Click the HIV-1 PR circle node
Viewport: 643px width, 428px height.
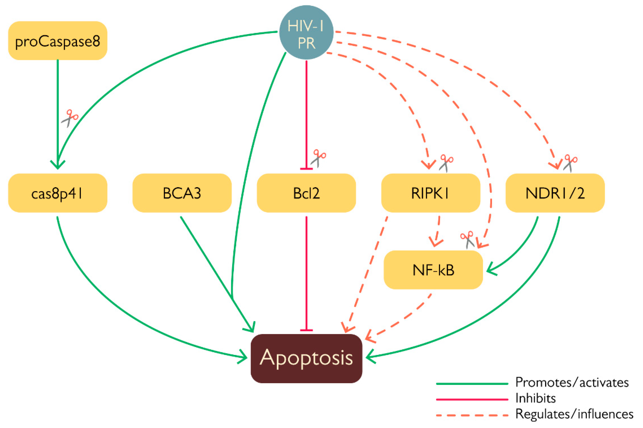(306, 32)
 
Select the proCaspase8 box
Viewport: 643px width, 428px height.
(57, 41)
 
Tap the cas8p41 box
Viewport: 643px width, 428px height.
(57, 193)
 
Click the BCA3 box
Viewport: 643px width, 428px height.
(182, 193)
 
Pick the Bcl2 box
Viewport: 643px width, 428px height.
(306, 193)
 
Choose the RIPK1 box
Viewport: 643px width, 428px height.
(431, 193)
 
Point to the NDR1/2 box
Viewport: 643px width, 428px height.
(555, 193)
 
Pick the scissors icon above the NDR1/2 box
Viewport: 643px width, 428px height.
(570, 163)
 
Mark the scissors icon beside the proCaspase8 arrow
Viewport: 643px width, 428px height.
(70, 118)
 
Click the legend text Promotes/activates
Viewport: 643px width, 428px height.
(572, 382)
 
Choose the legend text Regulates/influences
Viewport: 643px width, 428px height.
(574, 414)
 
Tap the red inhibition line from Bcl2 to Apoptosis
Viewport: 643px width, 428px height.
(306, 273)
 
